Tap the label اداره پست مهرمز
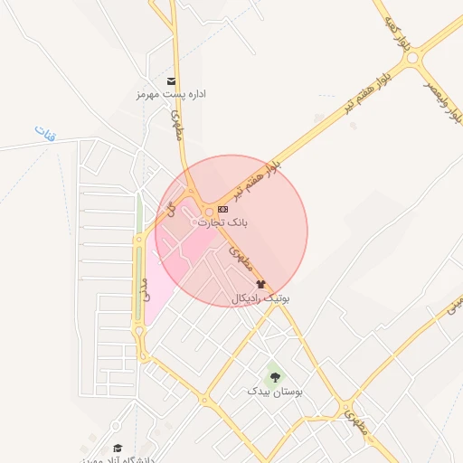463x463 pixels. click(172, 94)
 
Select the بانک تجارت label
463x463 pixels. click(222, 222)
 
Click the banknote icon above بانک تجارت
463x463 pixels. click(222, 209)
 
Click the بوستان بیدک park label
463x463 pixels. click(275, 392)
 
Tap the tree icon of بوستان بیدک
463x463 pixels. click(275, 377)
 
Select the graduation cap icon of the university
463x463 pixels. click(117, 448)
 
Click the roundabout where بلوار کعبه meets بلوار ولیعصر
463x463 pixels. click(415, 59)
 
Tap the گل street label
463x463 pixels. click(168, 209)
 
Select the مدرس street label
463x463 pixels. click(145, 289)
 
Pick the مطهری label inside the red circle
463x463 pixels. click(240, 260)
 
